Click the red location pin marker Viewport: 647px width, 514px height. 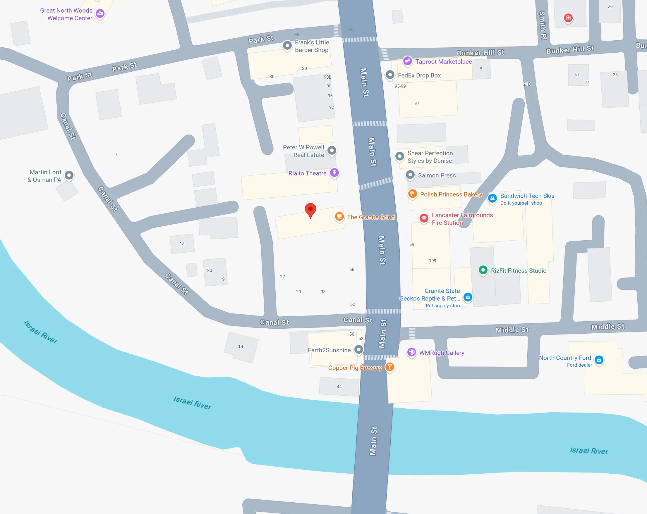[x=310, y=210]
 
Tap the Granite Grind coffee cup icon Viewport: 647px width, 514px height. [x=339, y=217]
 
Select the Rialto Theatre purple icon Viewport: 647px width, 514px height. [x=334, y=173]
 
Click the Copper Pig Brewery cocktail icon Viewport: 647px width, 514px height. [x=389, y=367]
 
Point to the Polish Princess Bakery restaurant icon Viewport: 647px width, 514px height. [x=413, y=194]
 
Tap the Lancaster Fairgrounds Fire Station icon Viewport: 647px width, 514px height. [x=424, y=218]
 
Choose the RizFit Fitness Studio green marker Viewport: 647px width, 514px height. [x=483, y=270]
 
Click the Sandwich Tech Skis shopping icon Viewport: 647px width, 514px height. [x=492, y=198]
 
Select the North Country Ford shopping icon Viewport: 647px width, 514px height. [x=599, y=360]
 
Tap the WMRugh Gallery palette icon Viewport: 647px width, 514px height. [x=412, y=352]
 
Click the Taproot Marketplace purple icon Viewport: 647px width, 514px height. [x=407, y=61]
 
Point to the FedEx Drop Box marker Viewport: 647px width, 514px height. [x=390, y=75]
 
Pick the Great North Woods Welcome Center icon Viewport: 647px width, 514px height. [x=100, y=13]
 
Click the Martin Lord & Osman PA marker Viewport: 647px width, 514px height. [x=69, y=175]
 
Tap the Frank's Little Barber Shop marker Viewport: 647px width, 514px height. [x=287, y=45]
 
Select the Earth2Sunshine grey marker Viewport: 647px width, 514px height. [x=358, y=349]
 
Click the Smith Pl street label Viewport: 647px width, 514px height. [x=543, y=25]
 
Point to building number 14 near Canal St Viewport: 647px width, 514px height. [x=241, y=347]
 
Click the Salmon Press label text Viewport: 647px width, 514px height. [x=437, y=175]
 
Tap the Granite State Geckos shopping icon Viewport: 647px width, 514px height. [x=468, y=297]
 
